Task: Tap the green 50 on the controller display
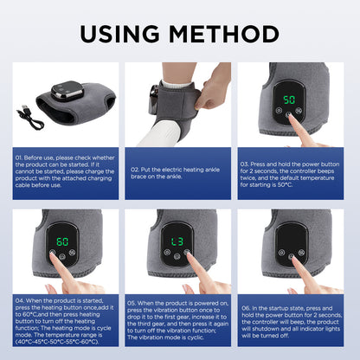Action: (x=288, y=99)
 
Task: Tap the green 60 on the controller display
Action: (x=61, y=241)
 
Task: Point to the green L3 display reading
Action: (x=177, y=241)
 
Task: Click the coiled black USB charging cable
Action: (x=31, y=115)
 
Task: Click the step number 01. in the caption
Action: (x=20, y=157)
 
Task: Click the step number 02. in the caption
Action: (x=136, y=170)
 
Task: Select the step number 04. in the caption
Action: (x=20, y=300)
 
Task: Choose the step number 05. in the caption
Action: (x=132, y=304)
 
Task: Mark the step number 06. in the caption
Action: (x=247, y=306)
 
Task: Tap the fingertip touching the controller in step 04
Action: (x=55, y=257)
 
